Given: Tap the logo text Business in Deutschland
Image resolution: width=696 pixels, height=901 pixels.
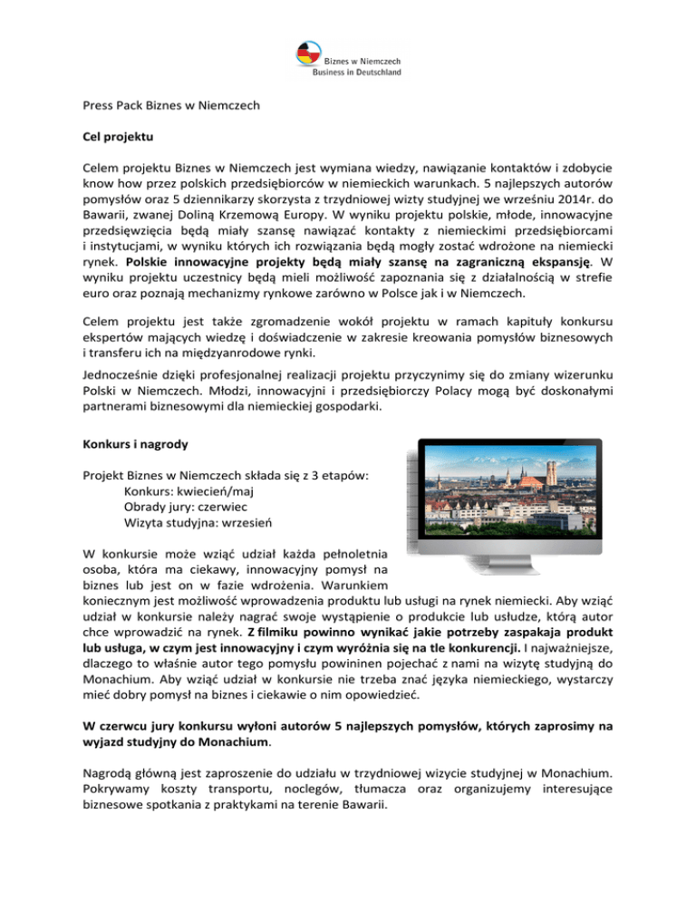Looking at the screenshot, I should [x=358, y=72].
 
